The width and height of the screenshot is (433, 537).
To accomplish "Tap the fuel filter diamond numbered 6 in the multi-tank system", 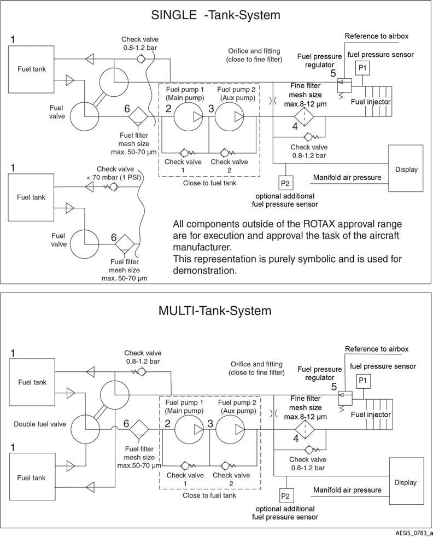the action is [139, 429].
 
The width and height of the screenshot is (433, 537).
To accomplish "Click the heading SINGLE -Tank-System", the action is [215, 15].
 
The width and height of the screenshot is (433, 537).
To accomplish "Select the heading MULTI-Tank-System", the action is [215, 311].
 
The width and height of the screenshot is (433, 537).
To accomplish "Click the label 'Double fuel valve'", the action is [40, 424].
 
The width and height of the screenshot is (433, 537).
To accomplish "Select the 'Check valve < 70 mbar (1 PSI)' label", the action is [115, 173].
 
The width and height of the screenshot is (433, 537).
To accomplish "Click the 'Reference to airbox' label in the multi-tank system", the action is [377, 349].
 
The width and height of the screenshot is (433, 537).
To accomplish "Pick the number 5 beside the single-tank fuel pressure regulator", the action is [333, 73].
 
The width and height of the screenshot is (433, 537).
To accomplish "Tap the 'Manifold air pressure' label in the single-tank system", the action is [347, 177].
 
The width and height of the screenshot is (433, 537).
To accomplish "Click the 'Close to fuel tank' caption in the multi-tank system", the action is [209, 495].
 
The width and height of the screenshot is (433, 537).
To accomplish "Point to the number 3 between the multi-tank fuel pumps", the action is [210, 424].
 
